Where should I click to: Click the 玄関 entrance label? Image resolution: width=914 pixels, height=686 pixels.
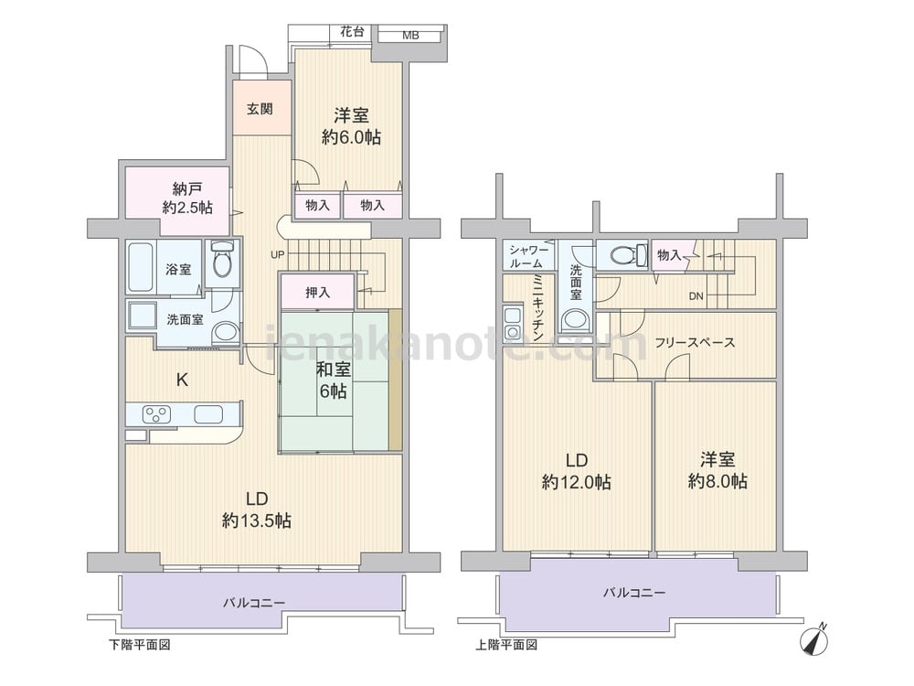[260, 109]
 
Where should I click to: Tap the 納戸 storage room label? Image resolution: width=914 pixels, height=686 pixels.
[187, 188]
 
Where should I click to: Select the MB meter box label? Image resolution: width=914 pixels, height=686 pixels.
[410, 36]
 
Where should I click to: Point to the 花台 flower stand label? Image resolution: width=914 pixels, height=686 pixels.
[352, 31]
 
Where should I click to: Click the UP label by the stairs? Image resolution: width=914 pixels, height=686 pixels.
[278, 255]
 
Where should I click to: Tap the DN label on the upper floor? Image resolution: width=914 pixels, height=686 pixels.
[696, 296]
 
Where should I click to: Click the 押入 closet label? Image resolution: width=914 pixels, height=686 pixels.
[318, 293]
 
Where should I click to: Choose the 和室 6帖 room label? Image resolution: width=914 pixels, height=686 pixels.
[333, 380]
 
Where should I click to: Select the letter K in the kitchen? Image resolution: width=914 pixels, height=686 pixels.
[183, 381]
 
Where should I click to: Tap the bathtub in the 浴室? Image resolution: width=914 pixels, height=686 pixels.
[141, 266]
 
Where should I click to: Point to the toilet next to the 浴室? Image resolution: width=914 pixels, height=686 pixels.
[222, 260]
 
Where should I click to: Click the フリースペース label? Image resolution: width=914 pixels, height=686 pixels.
[695, 342]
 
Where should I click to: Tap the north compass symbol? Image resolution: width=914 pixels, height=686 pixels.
[815, 638]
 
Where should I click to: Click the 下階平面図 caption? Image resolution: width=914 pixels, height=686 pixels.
[140, 645]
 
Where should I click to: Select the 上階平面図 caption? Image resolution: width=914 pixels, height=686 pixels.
[506, 645]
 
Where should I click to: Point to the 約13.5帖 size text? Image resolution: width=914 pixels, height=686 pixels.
[257, 520]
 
